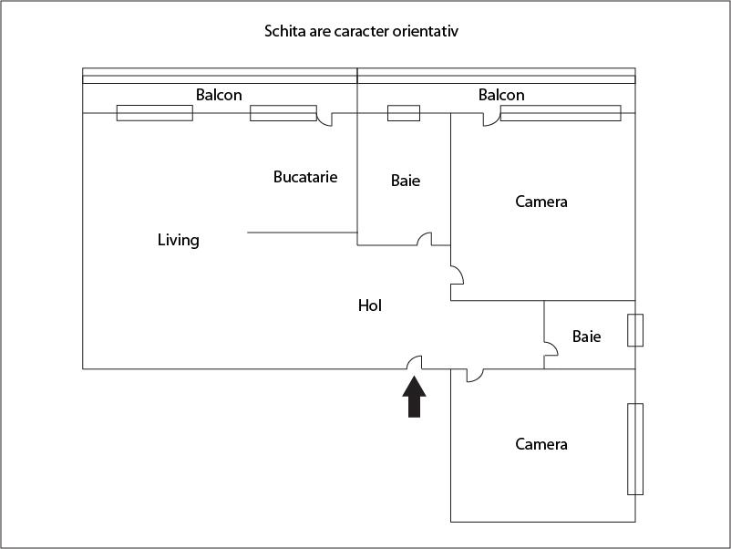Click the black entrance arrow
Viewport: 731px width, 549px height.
415,399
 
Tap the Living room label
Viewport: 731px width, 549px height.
178,241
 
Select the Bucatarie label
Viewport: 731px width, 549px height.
305,177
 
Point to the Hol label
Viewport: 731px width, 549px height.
369,306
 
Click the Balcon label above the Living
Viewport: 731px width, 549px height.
219,95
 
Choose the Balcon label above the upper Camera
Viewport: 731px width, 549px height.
501,95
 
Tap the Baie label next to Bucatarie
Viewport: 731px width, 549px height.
406,181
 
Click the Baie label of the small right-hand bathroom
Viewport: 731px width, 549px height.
586,337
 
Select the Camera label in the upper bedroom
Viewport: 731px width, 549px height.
541,202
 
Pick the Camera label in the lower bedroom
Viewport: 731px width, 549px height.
541,444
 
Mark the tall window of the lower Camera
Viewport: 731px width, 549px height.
635,449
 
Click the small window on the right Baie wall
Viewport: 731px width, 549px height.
635,330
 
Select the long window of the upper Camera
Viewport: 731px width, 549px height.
561,113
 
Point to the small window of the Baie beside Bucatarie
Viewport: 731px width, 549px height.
404,113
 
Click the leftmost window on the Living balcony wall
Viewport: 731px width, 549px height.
154,113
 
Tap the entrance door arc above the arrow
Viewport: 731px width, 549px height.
414,362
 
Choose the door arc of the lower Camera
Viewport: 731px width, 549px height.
474,375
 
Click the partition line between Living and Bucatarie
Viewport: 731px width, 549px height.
302,233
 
